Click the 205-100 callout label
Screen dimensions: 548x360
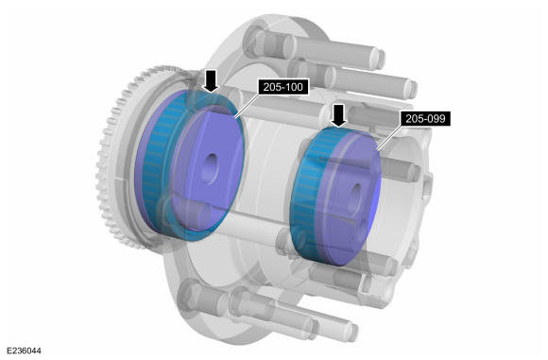coord(283,87)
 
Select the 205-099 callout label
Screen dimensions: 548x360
coord(425,119)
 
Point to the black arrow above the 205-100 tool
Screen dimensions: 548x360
coord(211,80)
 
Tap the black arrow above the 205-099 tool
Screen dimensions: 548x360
coord(338,115)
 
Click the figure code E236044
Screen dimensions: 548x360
coord(24,351)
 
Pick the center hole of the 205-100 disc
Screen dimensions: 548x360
coord(211,168)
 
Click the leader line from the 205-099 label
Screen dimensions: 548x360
coord(389,137)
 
